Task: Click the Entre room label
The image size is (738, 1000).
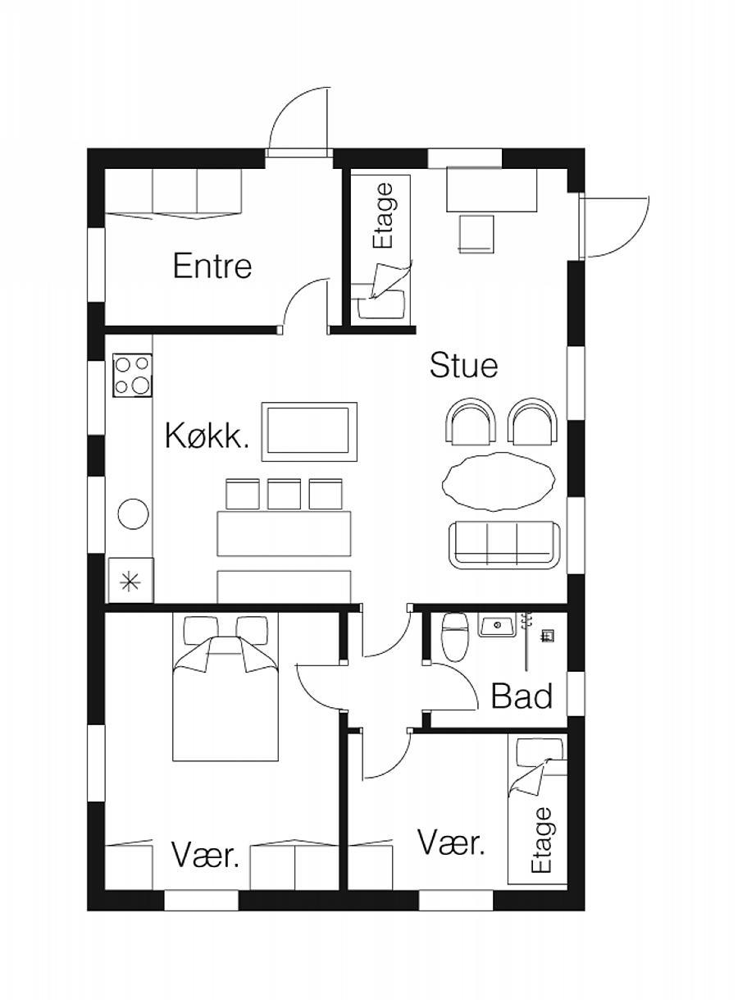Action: tap(212, 266)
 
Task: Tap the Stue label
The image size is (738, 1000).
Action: tap(463, 365)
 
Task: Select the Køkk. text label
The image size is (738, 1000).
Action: tap(207, 436)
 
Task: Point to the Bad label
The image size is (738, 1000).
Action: tap(522, 696)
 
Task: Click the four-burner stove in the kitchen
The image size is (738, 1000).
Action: tap(132, 375)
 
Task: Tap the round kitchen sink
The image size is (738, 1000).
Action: tap(133, 514)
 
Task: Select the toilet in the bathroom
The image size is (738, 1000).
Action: tap(453, 636)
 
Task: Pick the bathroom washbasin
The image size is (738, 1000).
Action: tap(497, 624)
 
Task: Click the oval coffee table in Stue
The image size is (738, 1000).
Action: tap(499, 482)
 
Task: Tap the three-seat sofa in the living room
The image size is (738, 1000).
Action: tap(504, 545)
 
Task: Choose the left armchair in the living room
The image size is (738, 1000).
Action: tap(471, 422)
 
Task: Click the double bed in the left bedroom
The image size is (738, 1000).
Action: tap(225, 687)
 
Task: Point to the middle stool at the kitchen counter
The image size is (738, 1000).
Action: tap(284, 494)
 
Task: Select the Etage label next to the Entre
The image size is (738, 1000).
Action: tap(383, 215)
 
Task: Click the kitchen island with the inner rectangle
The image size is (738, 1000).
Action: tap(309, 432)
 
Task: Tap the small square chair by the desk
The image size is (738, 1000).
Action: tap(476, 234)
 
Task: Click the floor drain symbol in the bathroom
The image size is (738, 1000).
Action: tap(548, 636)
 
